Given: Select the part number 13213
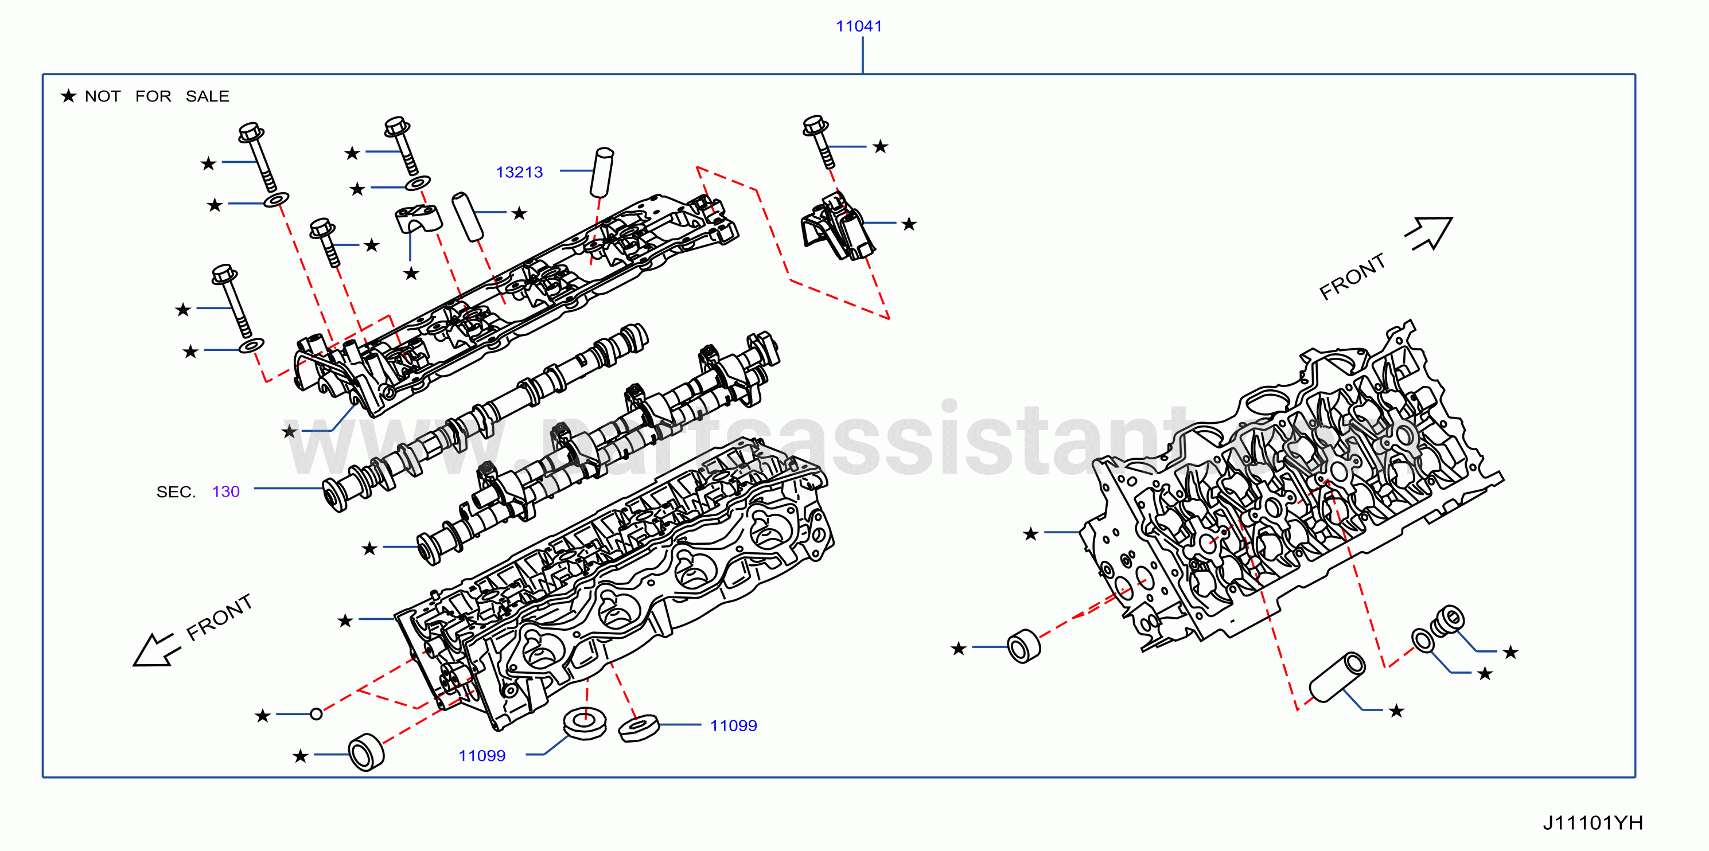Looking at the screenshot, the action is pyautogui.click(x=519, y=173).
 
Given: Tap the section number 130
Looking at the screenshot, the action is pyautogui.click(x=225, y=491).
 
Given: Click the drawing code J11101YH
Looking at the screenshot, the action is pyautogui.click(x=1592, y=823).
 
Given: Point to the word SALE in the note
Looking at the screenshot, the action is pyautogui.click(x=208, y=97).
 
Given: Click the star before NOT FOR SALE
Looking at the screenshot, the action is pyautogui.click(x=68, y=96).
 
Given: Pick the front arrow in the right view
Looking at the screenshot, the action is pyautogui.click(x=1429, y=233).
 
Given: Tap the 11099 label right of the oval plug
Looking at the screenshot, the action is pyautogui.click(x=733, y=725).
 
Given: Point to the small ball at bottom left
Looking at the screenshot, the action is pyautogui.click(x=317, y=715).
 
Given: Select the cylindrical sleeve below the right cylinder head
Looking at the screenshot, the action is pyautogui.click(x=1337, y=677).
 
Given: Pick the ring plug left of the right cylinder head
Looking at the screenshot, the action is pyautogui.click(x=1023, y=645).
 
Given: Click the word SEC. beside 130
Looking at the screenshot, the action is pyautogui.click(x=176, y=492).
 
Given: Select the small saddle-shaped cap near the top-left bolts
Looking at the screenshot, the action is pyautogui.click(x=419, y=219).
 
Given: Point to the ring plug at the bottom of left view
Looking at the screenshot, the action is pyautogui.click(x=366, y=753).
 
